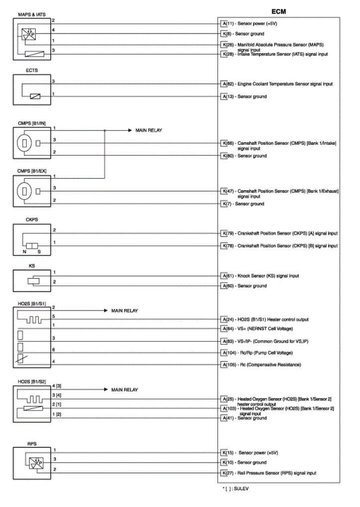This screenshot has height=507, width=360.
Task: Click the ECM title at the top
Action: pos(278,11)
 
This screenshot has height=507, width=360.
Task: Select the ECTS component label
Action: pos(31,71)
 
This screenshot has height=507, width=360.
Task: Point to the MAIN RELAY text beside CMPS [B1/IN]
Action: pos(149,130)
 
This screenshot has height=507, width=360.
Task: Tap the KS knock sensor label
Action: pos(31,267)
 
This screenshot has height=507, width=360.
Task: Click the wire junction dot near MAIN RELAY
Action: pos(105,130)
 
